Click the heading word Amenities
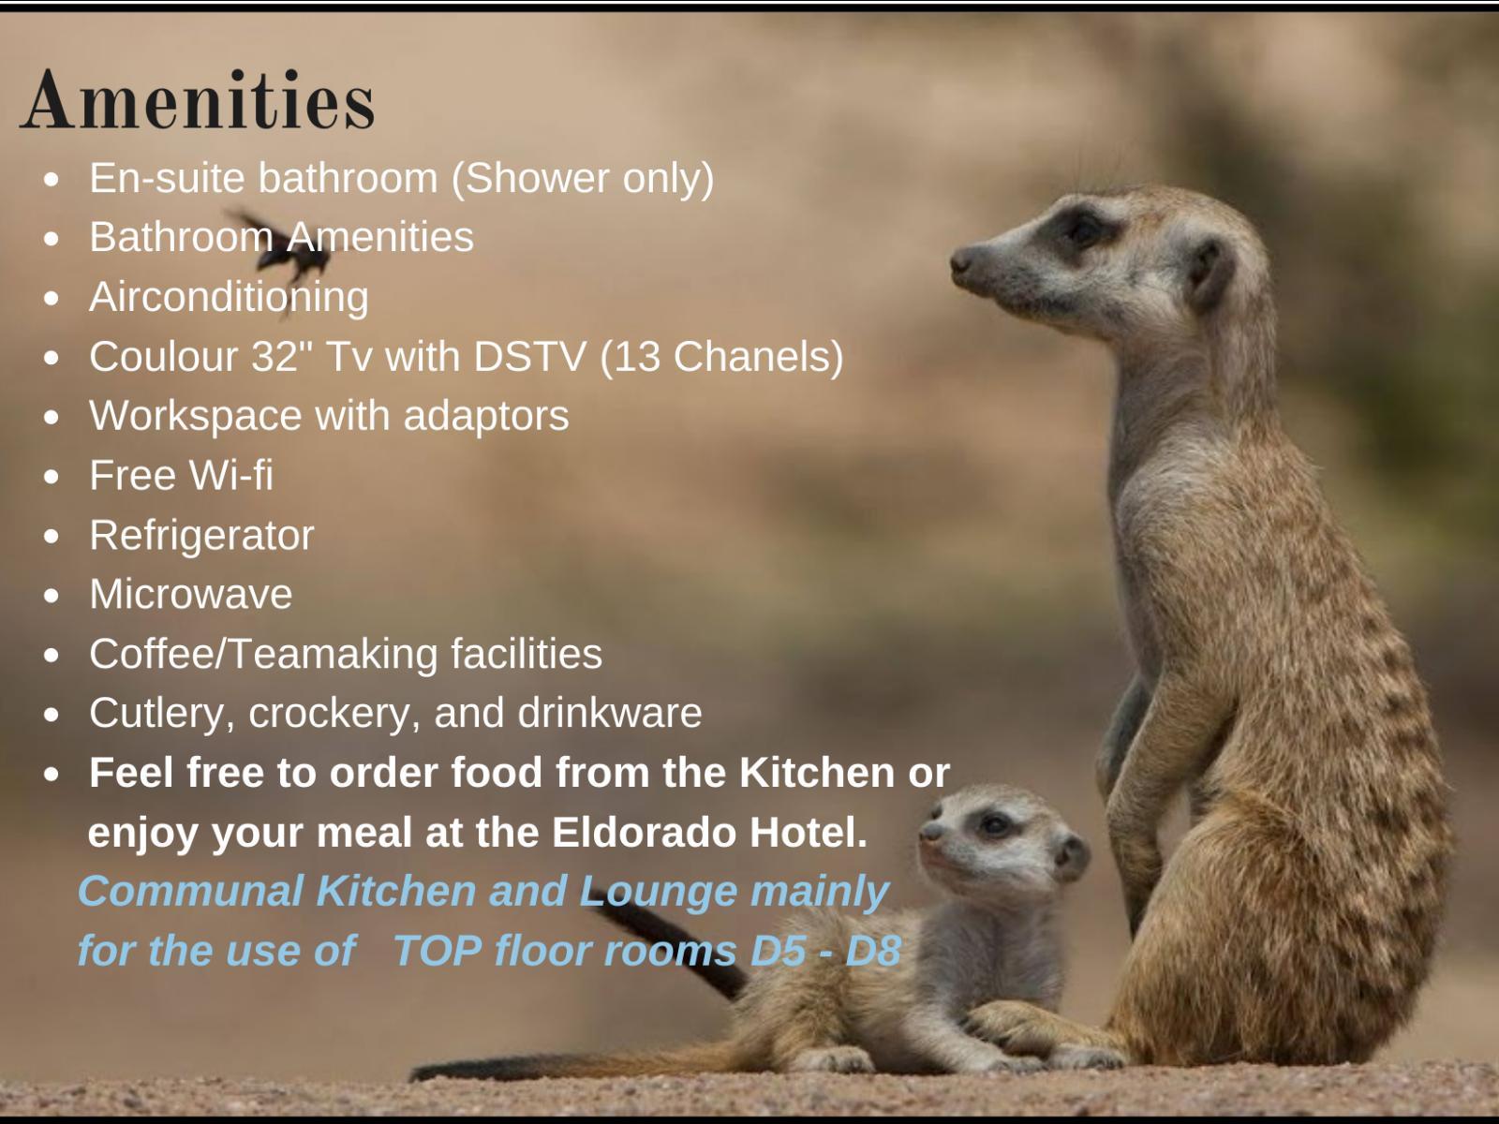pos(198,99)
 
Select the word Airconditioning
pos(229,298)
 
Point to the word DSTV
pos(529,356)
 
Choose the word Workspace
pos(195,416)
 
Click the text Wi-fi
pos(230,475)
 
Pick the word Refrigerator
pos(201,536)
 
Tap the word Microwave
pos(190,594)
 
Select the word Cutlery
pos(162,714)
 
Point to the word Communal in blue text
pos(191,891)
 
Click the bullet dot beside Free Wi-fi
pos(52,477)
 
